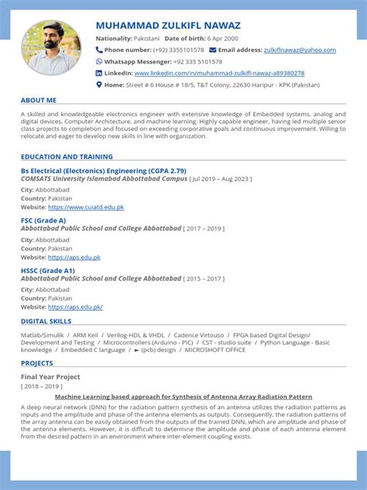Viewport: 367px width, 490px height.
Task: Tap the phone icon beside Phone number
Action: pos(99,50)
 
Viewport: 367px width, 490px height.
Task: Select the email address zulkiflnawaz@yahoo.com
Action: pos(300,50)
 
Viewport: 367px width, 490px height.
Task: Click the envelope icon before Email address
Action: pos(213,50)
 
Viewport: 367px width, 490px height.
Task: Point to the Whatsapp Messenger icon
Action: pos(99,61)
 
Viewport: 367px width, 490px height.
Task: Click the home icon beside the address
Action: pos(99,85)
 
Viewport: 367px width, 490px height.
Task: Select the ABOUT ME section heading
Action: pos(39,100)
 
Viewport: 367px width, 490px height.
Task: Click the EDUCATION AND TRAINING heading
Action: pos(67,157)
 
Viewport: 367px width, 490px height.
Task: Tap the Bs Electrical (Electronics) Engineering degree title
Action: pos(103,170)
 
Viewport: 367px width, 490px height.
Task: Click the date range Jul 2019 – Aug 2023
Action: pos(221,178)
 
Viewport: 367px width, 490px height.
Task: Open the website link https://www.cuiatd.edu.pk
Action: pos(86,207)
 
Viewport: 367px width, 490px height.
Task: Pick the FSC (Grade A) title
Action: pos(43,220)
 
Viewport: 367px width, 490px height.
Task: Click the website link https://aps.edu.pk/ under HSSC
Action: pos(75,307)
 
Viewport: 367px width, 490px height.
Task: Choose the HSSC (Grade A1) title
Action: pos(47,270)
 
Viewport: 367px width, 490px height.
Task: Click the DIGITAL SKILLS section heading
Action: pos(46,320)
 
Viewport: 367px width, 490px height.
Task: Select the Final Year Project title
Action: pos(50,376)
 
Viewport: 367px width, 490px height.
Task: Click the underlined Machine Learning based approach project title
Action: pos(183,396)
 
